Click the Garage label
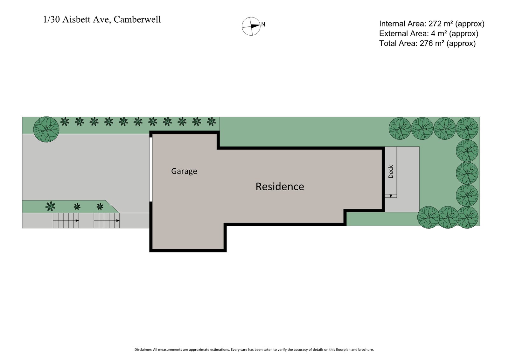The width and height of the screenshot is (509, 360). tap(184, 171)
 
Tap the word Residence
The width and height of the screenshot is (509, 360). tap(280, 187)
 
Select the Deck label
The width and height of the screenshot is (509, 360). tap(391, 172)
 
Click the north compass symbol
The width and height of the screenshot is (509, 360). tap(251, 26)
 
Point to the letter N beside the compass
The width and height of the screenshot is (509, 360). tap(263, 25)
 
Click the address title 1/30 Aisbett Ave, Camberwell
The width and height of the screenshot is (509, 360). tap(102, 20)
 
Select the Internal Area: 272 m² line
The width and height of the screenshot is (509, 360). tap(431, 24)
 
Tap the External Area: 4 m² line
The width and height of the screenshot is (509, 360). tap(428, 33)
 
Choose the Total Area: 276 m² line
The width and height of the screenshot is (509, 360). tap(427, 43)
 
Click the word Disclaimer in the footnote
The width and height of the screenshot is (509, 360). tap(143, 349)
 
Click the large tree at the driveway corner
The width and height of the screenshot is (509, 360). tap(46, 130)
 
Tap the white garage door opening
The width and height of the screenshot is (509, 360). tap(151, 169)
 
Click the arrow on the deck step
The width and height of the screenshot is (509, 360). tap(390, 196)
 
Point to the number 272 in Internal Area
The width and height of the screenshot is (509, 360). tap(435, 24)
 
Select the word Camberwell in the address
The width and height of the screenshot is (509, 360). tap(137, 20)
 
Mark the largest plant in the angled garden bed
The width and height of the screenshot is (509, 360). tap(50, 206)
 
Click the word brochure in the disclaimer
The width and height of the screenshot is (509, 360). tap(366, 349)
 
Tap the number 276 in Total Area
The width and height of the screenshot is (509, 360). tap(426, 43)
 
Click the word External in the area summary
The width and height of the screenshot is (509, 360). tap(393, 33)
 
